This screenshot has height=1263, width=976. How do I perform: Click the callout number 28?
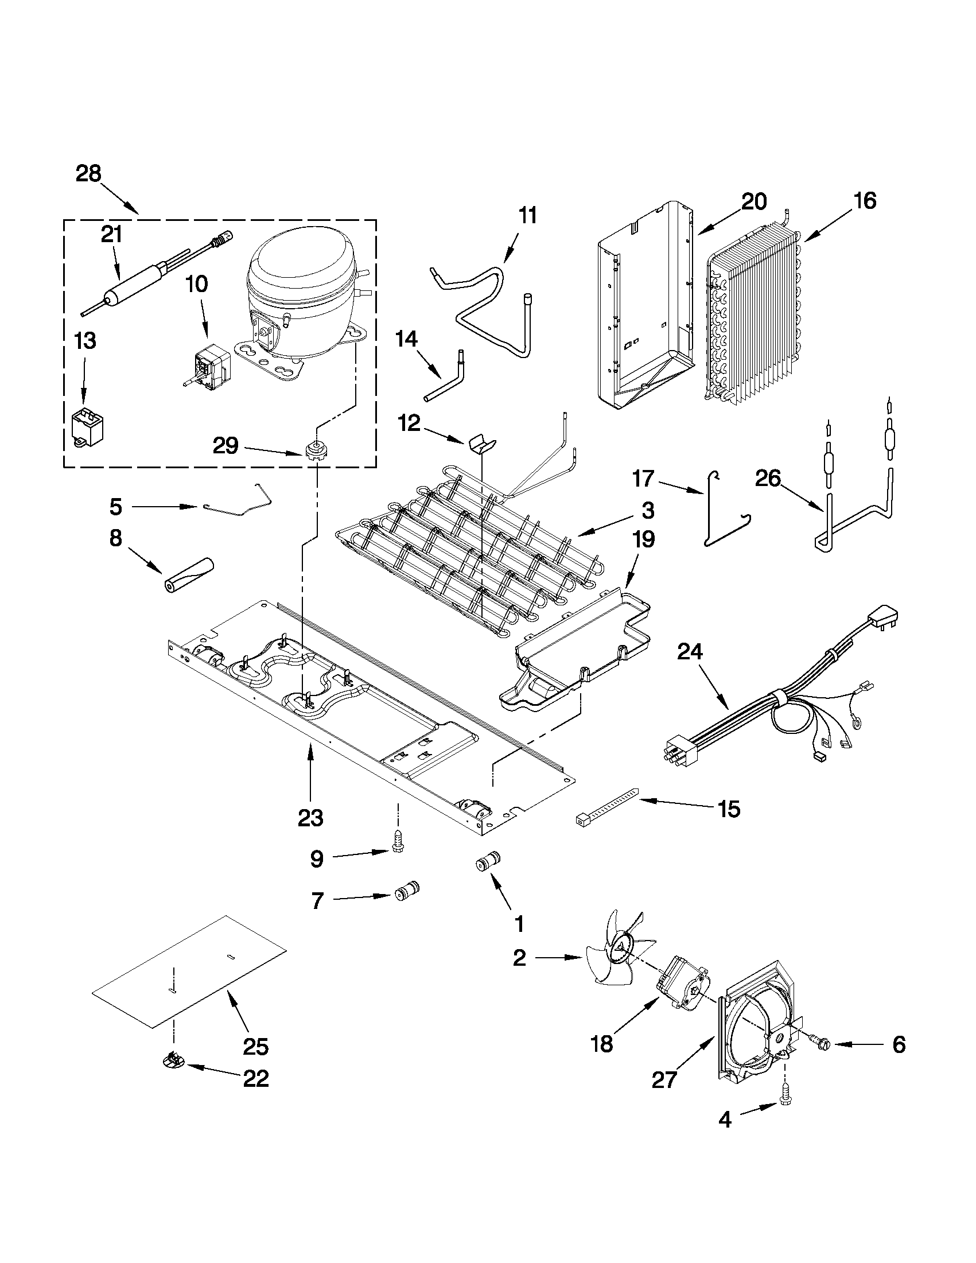coord(88,173)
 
